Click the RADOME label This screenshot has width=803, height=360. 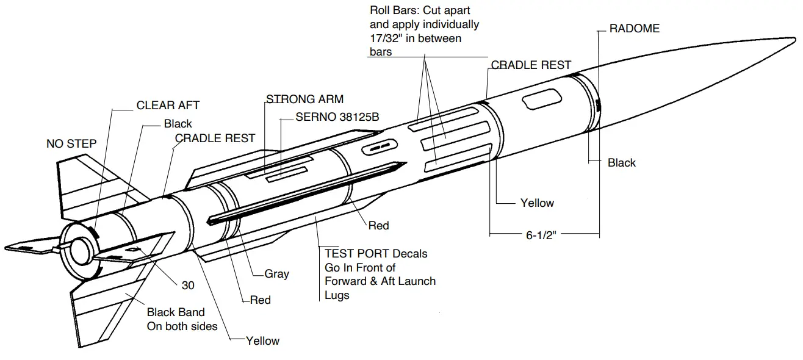click(x=635, y=29)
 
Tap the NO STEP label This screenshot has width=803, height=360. click(x=71, y=144)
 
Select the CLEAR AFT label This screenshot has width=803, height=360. click(x=168, y=105)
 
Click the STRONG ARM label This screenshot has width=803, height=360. click(x=304, y=99)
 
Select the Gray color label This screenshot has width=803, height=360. click(x=276, y=274)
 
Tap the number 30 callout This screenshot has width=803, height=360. click(x=189, y=284)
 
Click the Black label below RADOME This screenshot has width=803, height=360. click(x=621, y=163)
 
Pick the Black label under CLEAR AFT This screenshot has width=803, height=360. click(x=178, y=124)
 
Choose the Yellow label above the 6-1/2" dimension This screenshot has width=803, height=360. click(x=537, y=203)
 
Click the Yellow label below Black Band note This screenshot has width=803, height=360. click(x=262, y=340)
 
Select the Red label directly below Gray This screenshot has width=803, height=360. click(x=261, y=300)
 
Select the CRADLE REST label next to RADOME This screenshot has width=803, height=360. click(x=531, y=65)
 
